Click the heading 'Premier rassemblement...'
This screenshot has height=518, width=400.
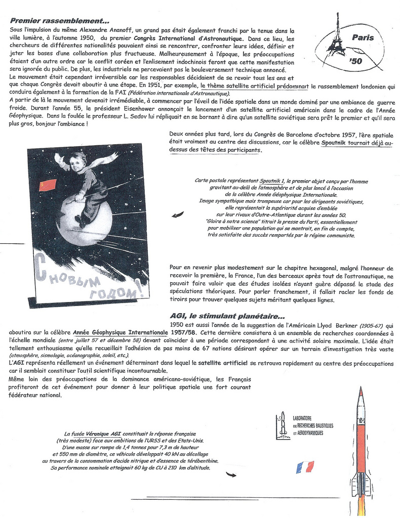[59, 21]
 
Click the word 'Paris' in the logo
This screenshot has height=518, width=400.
[363, 37]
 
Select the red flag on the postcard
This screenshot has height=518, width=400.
[47, 185]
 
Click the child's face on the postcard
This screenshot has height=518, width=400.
[76, 163]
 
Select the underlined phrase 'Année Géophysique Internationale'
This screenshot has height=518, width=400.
[121, 333]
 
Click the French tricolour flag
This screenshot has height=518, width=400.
[305, 467]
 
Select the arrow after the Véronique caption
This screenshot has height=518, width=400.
[231, 474]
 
